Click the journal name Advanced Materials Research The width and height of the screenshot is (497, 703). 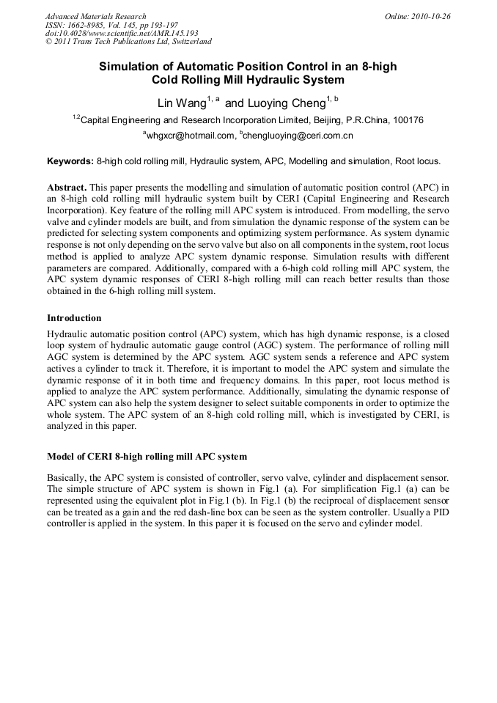tap(95, 16)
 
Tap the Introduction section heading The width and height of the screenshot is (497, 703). tap(74, 318)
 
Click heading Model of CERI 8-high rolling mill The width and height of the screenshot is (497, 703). tap(147, 456)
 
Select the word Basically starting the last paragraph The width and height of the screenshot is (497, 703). tap(67, 477)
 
